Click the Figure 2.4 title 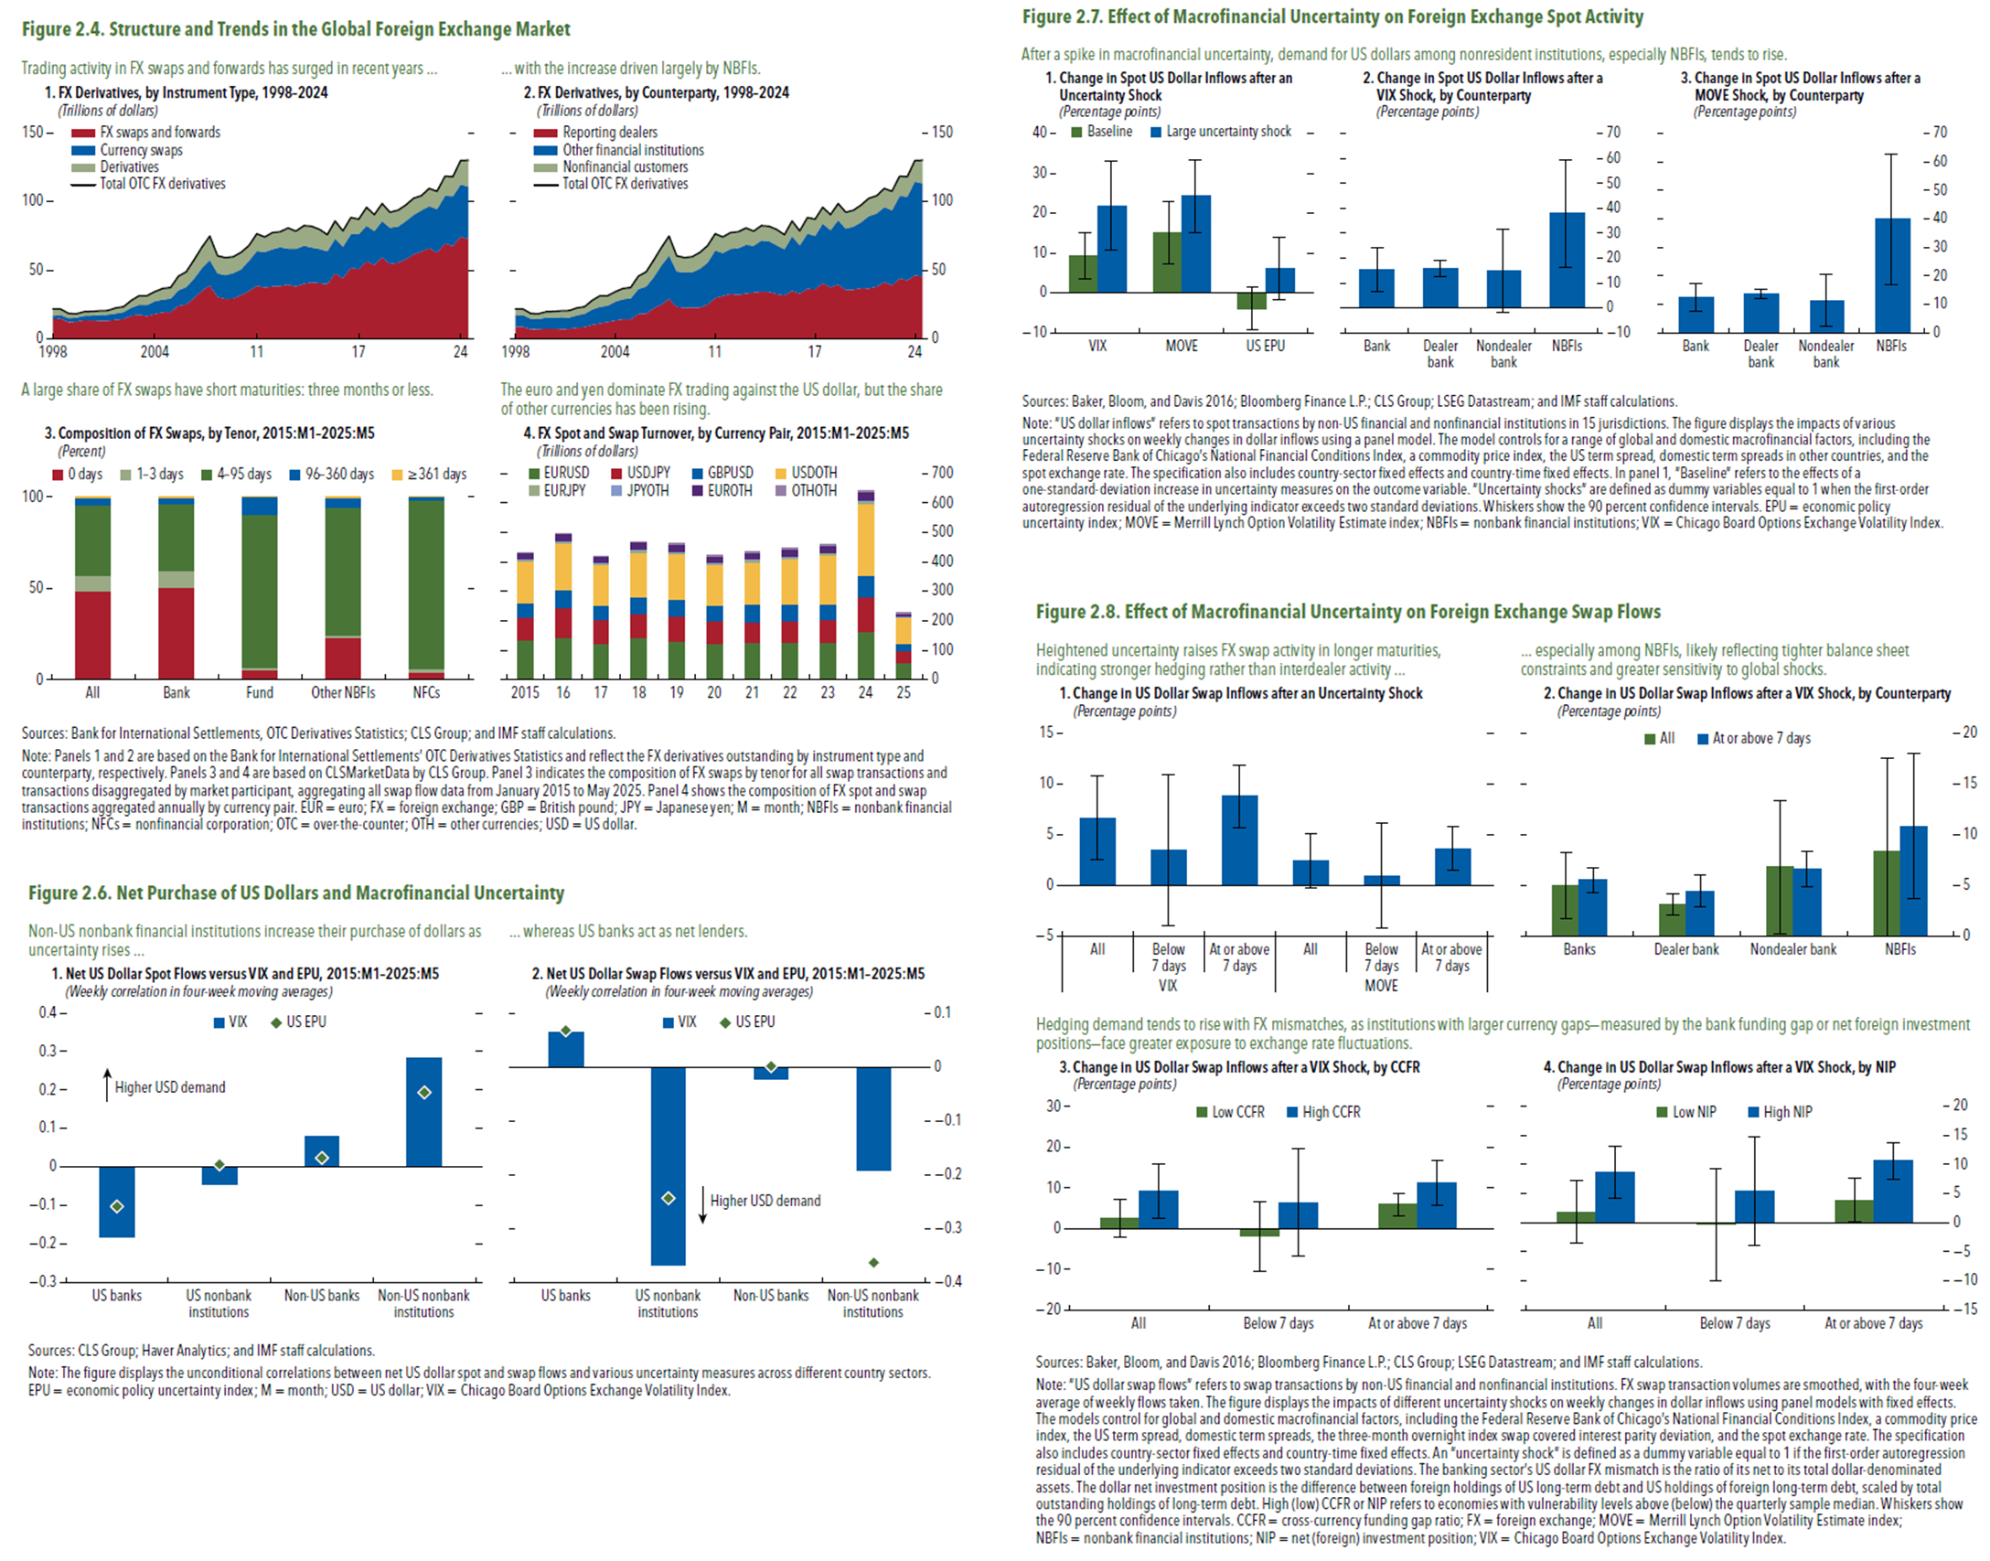click(295, 29)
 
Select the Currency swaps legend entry click(141, 150)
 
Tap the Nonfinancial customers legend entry click(625, 166)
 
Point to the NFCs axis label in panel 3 click(426, 693)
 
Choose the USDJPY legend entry click(647, 473)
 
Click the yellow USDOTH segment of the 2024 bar click(865, 540)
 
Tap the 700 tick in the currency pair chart click(942, 473)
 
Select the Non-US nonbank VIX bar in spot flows click(423, 1111)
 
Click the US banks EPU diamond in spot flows click(117, 1206)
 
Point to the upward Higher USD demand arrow click(107, 1084)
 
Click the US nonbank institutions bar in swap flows click(668, 1166)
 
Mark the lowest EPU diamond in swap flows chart click(873, 1263)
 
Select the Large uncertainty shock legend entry click(1227, 132)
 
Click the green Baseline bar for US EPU click(1251, 301)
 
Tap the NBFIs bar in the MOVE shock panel click(1892, 274)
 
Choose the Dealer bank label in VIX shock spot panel click(1440, 354)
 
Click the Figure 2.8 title click(1348, 612)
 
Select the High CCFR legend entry click(1331, 1112)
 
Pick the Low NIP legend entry click(1694, 1112)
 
